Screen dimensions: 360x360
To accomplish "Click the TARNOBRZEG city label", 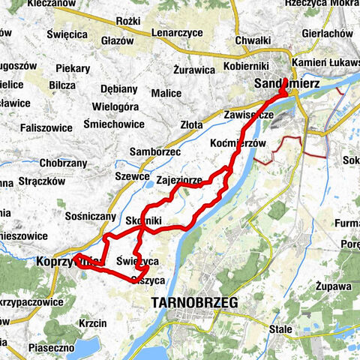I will point(194,302).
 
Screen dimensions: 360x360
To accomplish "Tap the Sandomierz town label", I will point(287,84).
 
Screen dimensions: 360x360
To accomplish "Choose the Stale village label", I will point(281,328).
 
